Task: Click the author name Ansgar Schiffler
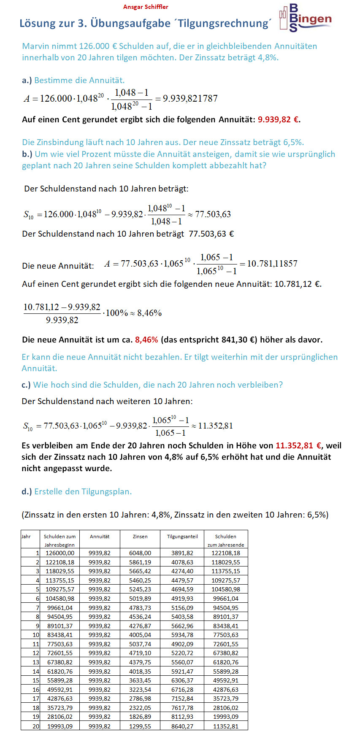tap(146, 7)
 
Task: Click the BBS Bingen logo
tap(306, 19)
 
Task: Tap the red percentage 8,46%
tap(146, 340)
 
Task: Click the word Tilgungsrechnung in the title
tap(224, 24)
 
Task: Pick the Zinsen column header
tap(140, 537)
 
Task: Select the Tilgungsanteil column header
tap(182, 537)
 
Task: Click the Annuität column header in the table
tap(100, 537)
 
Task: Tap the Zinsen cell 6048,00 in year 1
tap(140, 553)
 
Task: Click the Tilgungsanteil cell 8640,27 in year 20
tap(182, 726)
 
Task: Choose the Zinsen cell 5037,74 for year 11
tap(140, 644)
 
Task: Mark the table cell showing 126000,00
tap(60, 553)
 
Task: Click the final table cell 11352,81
tap(226, 726)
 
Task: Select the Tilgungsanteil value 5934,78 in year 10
tap(182, 635)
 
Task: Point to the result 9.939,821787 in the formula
tap(190, 99)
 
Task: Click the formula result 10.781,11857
tap(272, 264)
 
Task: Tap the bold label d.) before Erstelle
tap(27, 491)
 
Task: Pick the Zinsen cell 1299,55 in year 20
tap(140, 726)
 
